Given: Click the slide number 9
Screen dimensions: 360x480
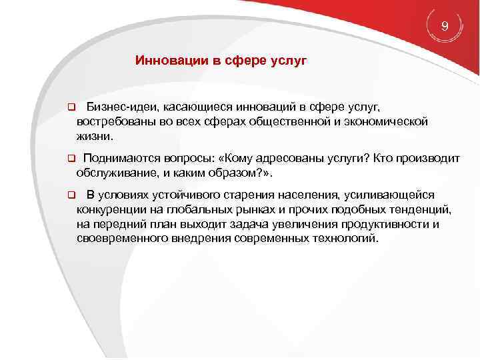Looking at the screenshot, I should click(x=445, y=26).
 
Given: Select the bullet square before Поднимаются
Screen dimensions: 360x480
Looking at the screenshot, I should click(x=70, y=159).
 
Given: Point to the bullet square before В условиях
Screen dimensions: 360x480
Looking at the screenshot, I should click(x=70, y=195).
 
